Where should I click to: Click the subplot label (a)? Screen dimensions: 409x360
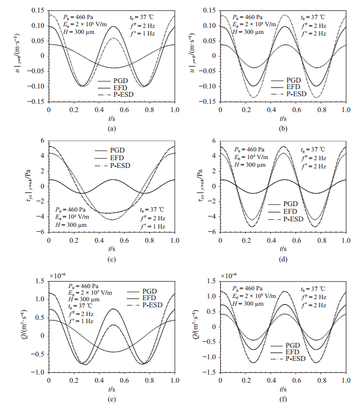tap(111, 128)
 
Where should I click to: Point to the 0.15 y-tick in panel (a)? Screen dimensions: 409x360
tap(38, 10)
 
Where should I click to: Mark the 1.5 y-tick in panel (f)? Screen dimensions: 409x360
tap(212, 281)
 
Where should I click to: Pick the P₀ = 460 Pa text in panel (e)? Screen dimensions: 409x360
tap(82, 285)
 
